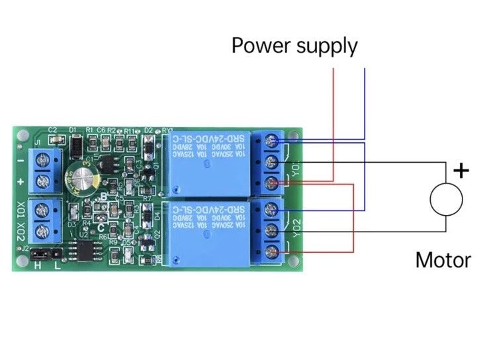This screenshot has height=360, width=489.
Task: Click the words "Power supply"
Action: click(294, 46)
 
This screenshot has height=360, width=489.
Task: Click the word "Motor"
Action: click(443, 259)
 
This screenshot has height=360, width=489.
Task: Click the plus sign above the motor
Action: click(461, 171)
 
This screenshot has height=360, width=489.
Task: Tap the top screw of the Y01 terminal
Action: click(271, 140)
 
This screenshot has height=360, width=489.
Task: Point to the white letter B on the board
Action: click(104, 197)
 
